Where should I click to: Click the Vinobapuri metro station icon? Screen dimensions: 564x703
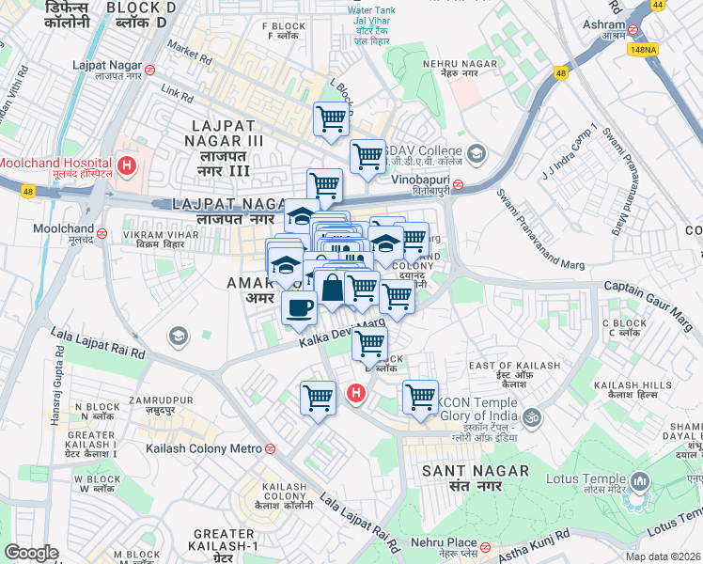pos(457,185)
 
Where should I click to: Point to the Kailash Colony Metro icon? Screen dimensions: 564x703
pos(271,448)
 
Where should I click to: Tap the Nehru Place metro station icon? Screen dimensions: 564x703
pos(485,546)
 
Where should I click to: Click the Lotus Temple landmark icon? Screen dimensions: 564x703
pos(641,483)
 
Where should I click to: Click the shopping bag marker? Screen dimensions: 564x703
pos(333,287)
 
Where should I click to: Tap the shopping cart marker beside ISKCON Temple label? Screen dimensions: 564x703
pos(420,396)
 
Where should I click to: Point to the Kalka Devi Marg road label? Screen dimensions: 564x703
pos(342,334)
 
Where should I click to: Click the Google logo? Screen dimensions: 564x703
pos(31,553)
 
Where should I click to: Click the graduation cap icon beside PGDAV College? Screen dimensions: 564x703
pos(476,153)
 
